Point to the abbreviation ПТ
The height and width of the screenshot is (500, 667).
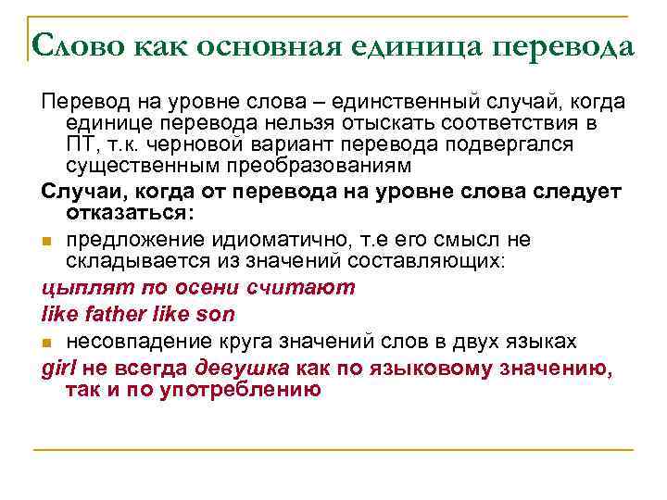click(x=82, y=145)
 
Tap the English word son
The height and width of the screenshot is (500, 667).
click(x=214, y=314)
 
